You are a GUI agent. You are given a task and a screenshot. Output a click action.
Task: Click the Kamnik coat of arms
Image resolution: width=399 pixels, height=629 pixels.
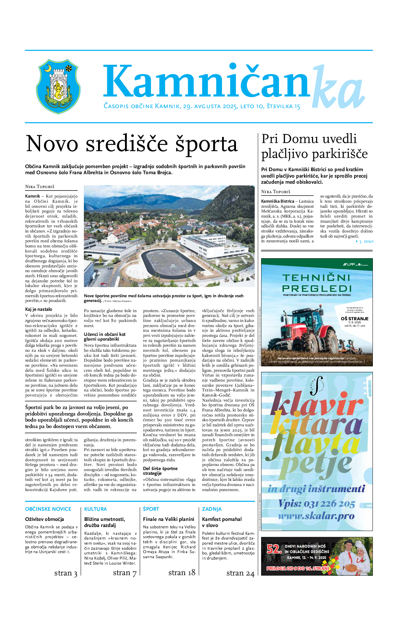point(58,86)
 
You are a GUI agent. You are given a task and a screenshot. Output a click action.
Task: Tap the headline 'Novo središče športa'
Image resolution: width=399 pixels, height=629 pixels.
point(132,144)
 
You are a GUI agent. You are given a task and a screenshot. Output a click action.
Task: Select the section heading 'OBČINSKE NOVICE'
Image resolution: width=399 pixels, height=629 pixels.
point(48,509)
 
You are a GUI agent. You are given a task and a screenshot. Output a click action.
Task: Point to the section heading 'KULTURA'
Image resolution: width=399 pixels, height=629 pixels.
point(95,509)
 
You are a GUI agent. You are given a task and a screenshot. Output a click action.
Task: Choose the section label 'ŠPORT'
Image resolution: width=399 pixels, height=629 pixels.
point(151,509)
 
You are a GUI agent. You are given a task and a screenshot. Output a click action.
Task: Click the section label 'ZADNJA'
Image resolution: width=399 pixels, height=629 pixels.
point(212,509)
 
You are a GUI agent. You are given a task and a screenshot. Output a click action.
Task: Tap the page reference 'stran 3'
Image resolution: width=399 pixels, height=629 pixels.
point(66,573)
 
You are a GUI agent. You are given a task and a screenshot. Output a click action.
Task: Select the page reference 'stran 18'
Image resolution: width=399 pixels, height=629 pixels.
point(182,573)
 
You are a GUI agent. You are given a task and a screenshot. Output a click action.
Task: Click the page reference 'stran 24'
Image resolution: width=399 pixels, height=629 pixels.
point(240,573)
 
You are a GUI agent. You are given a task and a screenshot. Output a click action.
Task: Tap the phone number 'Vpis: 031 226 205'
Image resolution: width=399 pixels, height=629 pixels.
point(316,504)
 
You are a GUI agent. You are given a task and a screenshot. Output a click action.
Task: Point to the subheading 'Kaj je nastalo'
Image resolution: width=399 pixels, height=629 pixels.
point(39,309)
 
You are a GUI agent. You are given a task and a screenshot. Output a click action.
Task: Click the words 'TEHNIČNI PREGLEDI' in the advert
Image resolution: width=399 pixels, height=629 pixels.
point(316,283)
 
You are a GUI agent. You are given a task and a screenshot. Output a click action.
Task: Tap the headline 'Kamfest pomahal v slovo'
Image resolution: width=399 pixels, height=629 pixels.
point(222,522)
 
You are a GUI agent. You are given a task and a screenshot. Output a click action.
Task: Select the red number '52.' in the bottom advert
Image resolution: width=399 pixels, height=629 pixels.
point(274,549)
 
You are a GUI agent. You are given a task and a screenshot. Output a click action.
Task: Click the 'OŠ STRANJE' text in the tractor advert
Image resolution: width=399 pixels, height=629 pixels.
point(355,319)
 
